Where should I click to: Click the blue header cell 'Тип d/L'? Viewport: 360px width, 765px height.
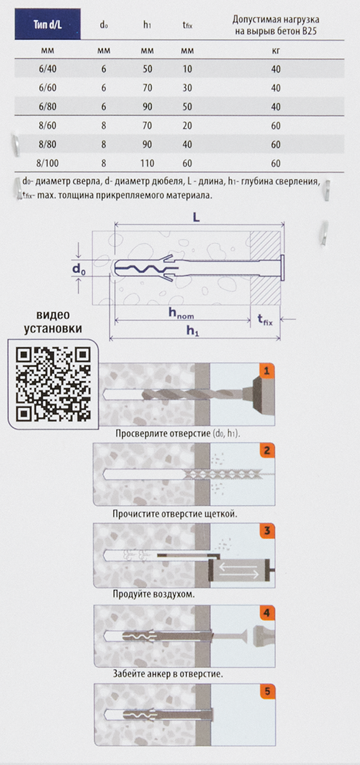click(x=47, y=24)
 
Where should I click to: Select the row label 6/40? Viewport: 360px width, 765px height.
click(x=47, y=69)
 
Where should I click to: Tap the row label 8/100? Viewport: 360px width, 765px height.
click(x=47, y=163)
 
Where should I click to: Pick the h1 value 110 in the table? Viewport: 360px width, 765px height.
click(x=147, y=163)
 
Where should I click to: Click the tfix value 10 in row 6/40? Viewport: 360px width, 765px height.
click(x=187, y=69)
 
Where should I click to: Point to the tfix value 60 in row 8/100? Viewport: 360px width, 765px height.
click(x=187, y=163)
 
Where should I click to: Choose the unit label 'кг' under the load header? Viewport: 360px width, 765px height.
click(x=276, y=50)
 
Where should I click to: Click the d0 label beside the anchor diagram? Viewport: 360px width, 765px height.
click(x=79, y=269)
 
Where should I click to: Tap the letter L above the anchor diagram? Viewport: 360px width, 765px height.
click(x=196, y=218)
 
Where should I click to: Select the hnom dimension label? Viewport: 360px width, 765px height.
click(x=181, y=313)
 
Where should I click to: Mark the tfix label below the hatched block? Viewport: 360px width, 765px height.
click(x=265, y=319)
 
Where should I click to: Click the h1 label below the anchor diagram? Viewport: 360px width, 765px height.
click(x=192, y=330)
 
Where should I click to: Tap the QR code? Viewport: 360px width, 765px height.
click(x=53, y=384)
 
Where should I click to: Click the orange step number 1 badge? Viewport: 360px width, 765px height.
click(x=267, y=371)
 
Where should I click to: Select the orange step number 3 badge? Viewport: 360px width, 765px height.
click(x=267, y=531)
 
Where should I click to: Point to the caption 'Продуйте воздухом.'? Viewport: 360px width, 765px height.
click(x=154, y=594)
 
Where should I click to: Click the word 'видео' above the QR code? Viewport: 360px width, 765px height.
click(x=53, y=315)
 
